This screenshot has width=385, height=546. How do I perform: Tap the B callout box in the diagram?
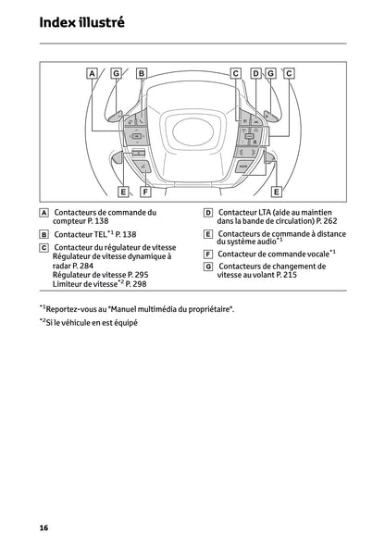(x=142, y=72)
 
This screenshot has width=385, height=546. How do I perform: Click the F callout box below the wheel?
(x=145, y=192)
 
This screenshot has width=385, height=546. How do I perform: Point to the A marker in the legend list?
(x=43, y=213)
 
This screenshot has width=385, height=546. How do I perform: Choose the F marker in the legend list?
(x=208, y=254)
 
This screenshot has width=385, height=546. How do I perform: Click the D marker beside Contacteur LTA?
(x=208, y=213)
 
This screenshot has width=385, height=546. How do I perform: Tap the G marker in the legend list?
(x=208, y=267)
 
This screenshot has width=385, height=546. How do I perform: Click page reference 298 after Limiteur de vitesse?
(x=137, y=285)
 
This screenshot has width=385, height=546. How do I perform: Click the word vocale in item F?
(x=313, y=254)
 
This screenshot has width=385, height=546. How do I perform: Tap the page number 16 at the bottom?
(x=43, y=527)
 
